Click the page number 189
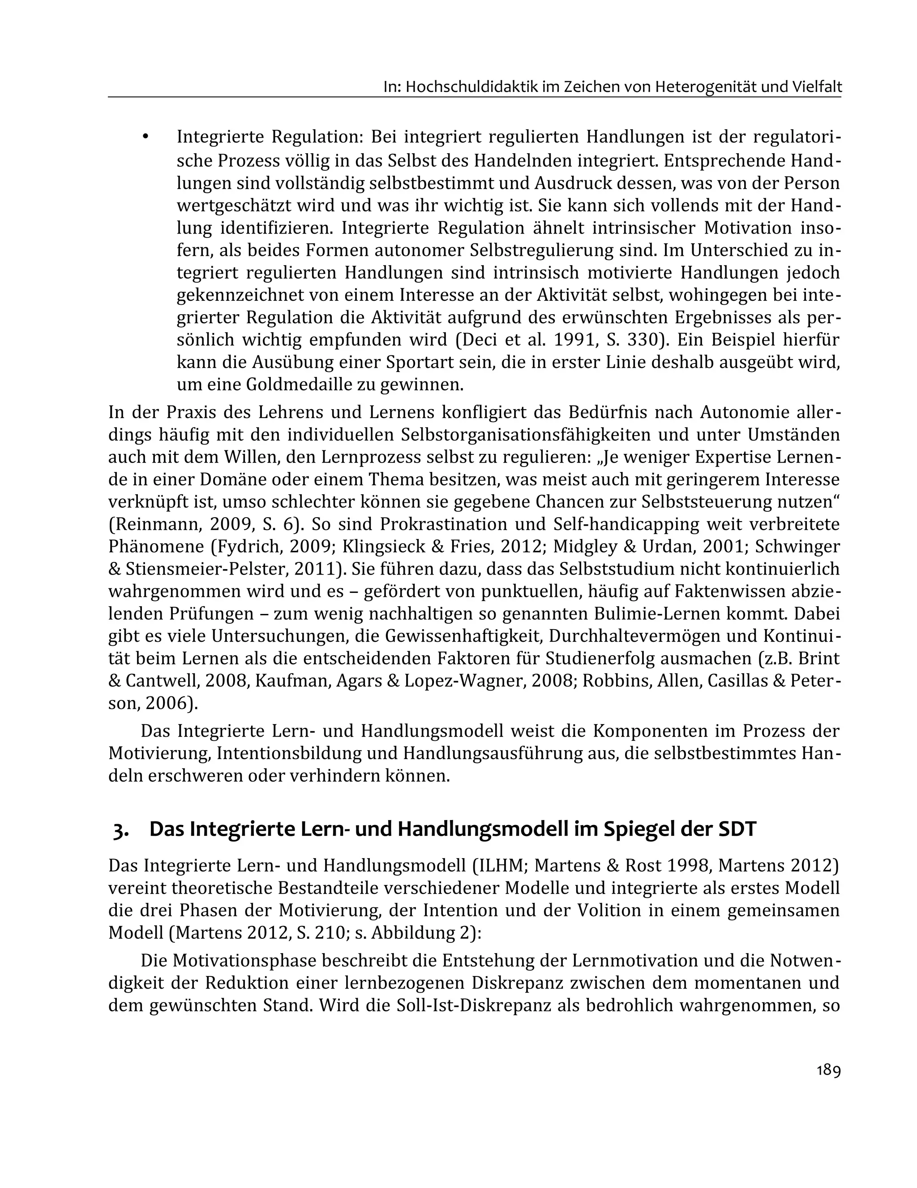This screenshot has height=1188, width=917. click(828, 1071)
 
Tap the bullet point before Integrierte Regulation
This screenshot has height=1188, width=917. click(145, 138)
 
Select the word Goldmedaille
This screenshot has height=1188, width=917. click(300, 385)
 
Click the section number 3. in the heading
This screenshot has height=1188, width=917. click(121, 829)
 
